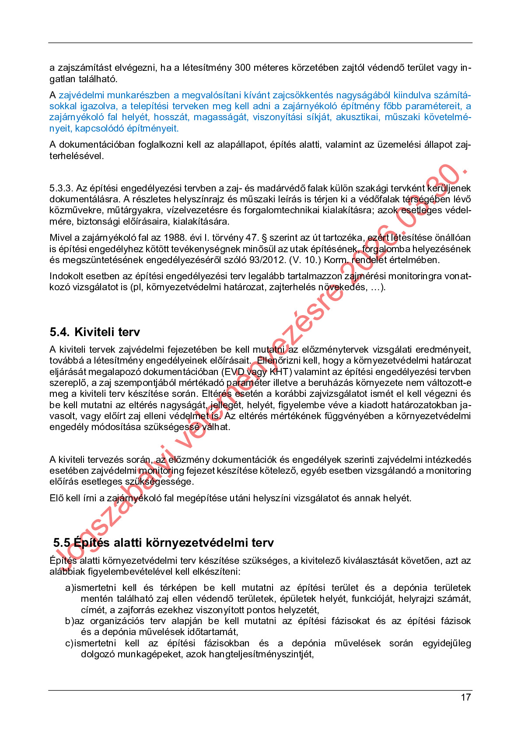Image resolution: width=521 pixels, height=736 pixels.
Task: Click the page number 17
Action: coord(465,697)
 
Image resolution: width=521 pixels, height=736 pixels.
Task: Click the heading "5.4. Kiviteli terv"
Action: coord(94,332)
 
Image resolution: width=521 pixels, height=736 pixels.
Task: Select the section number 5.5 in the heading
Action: coord(62,543)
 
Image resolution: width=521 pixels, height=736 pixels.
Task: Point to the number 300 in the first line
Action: coord(242,68)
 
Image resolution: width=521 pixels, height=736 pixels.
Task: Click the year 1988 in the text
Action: coord(174,238)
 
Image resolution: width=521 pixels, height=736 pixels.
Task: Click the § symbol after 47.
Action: coord(264,238)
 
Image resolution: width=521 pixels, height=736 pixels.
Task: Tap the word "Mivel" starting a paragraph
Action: coord(60,238)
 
